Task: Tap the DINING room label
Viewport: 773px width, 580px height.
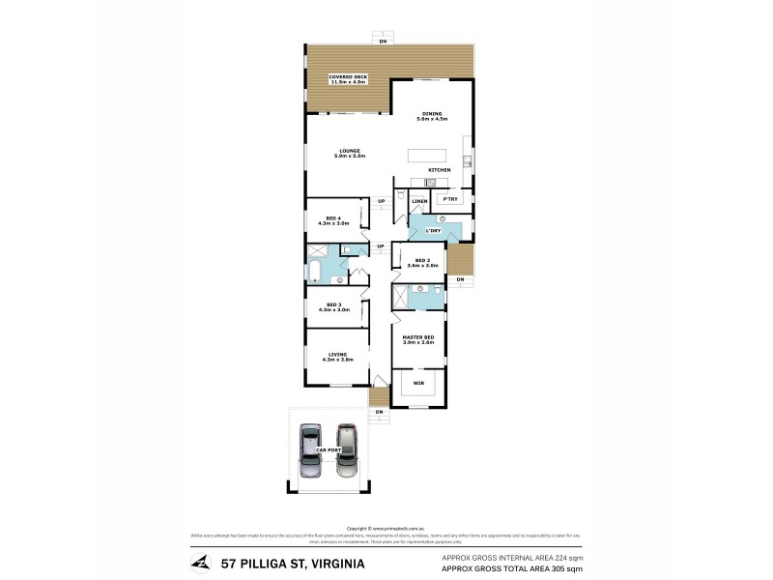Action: point(430,115)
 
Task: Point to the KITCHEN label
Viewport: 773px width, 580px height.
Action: point(440,170)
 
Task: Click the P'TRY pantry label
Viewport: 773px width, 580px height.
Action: point(447,200)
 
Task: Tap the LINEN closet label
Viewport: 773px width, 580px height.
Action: point(419,201)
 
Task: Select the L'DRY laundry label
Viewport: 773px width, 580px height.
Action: point(434,230)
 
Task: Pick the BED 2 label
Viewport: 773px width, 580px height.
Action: point(426,261)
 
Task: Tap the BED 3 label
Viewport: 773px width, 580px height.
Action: point(334,306)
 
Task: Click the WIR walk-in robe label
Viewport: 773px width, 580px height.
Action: point(418,384)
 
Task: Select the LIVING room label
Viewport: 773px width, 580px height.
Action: point(336,356)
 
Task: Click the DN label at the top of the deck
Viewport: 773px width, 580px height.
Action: point(383,43)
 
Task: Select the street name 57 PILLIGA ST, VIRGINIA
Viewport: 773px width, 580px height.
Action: point(293,563)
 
